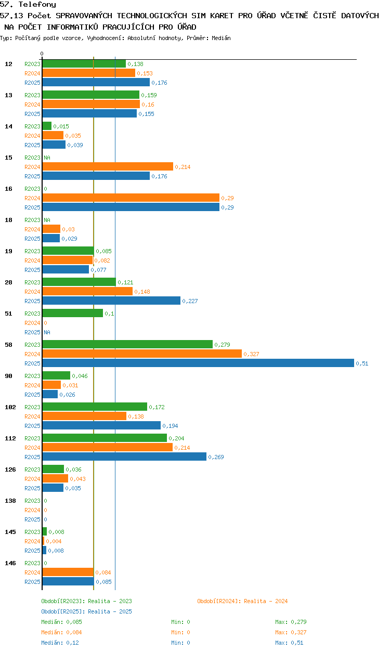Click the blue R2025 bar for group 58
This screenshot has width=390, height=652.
point(198,363)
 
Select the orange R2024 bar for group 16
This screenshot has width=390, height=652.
point(131,198)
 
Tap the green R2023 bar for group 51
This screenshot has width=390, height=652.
point(73,313)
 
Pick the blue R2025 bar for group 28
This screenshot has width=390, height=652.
point(111,301)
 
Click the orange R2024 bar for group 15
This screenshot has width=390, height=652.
point(108,166)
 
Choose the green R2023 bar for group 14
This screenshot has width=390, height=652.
point(47,126)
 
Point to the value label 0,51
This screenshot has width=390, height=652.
point(362,363)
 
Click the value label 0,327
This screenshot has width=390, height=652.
point(251,354)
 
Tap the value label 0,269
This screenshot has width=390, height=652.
point(216,457)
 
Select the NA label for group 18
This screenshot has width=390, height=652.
point(47,220)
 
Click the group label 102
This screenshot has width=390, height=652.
point(10,407)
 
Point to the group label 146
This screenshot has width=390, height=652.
point(10,563)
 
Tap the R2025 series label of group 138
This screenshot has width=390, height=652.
point(32,519)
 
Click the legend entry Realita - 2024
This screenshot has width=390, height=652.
point(266,601)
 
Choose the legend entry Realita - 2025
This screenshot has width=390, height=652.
point(110,611)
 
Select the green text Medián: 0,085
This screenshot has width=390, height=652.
point(61,622)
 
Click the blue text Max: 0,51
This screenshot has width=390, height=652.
point(289,643)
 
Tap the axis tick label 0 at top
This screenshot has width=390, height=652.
point(42,54)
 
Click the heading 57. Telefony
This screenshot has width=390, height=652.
point(28,4)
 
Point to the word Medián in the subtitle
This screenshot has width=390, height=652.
point(221,38)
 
